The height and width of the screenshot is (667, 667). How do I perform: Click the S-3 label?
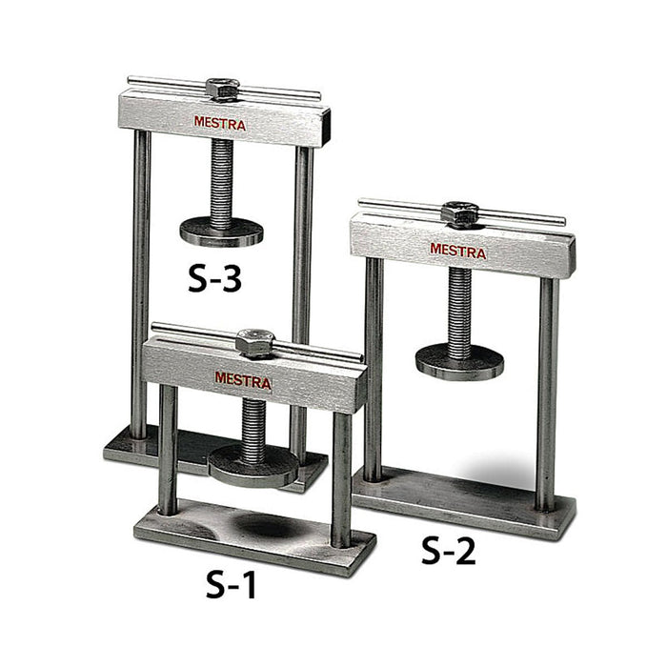214,278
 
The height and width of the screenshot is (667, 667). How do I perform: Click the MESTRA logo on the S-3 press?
220,123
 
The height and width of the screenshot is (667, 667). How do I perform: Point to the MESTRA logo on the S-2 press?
457,251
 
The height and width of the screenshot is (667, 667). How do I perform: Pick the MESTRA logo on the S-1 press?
243,380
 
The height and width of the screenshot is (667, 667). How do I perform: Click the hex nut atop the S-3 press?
222,90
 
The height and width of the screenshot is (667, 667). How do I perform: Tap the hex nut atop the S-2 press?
459,213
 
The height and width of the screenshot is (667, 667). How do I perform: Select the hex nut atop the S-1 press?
254,342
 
